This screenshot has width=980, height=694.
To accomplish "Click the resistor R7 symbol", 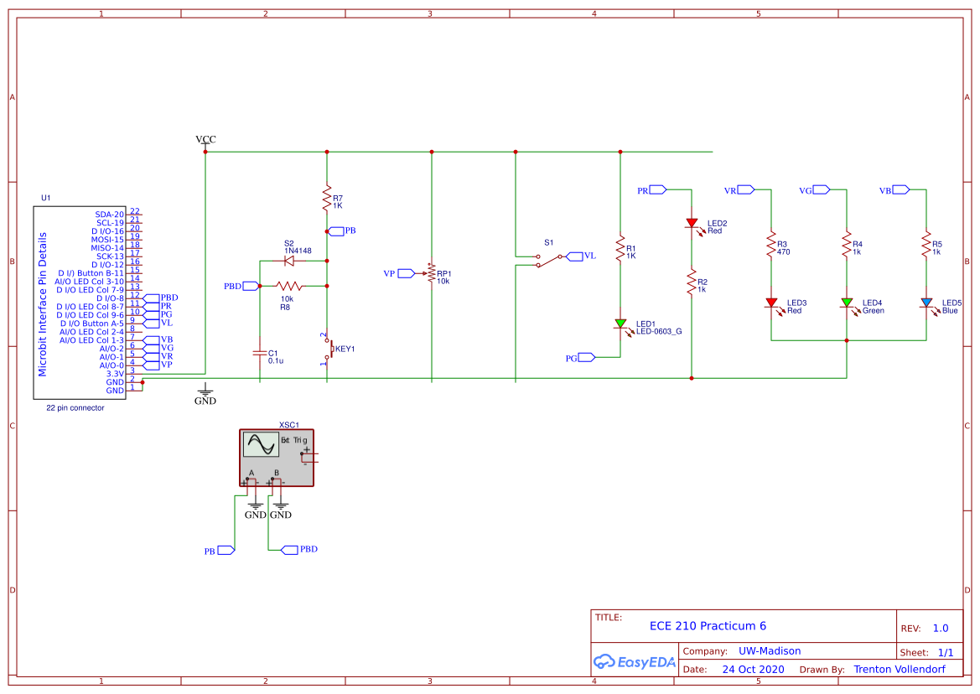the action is pos(326,198).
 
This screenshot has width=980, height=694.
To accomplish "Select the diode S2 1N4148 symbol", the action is pos(288,261).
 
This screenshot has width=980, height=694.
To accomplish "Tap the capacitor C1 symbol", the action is pos(259,354).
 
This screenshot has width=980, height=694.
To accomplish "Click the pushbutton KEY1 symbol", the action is pos(328,349).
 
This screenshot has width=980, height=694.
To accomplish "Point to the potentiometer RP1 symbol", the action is pos(431,273).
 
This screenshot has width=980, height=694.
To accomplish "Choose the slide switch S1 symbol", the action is pos(549,261).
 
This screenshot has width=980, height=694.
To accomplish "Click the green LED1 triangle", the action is pos(620,324).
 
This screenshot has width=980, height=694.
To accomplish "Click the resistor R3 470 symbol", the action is pos(771,246).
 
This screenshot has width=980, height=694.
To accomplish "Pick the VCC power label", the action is pos(205,139).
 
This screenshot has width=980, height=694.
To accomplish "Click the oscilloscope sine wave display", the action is pos(260,443).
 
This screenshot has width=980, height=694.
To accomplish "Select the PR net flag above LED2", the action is pos(658,190).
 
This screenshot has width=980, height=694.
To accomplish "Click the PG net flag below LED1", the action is pos(587,357).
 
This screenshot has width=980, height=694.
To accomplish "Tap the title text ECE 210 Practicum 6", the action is pos(708,626).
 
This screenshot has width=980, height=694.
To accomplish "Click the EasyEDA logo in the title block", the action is pos(635,661).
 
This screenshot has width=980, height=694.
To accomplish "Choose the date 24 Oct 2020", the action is pos(753,669).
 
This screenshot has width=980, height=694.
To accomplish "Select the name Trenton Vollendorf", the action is pos(900,669).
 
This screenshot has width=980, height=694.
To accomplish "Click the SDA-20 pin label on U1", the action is pos(109,215).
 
